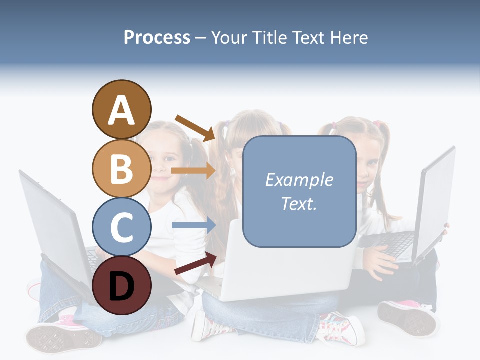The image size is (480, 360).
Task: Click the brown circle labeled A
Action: (121, 109)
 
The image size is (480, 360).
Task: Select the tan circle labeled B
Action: (121, 168)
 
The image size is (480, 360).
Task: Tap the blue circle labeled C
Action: (121, 227)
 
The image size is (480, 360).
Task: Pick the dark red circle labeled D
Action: (121, 285)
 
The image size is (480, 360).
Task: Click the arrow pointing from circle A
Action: (195, 128)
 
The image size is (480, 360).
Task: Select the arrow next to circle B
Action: (193, 171)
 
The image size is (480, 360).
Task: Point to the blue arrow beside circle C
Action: (193, 225)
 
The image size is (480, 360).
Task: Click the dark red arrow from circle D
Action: (195, 263)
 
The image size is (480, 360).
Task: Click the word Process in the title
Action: (157, 37)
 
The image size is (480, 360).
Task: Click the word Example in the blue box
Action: (299, 180)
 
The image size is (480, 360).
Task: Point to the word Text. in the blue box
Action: (299, 204)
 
